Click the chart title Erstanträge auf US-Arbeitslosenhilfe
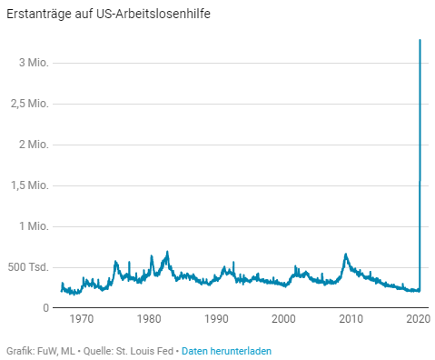[108, 14]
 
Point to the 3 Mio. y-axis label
[34, 63]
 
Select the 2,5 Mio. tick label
[30, 104]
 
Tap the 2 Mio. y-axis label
[34, 145]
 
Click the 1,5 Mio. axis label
[30, 185]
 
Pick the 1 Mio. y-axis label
[35, 226]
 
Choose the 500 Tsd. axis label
[28, 267]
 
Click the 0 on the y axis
[45, 308]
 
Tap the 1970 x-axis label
[82, 319]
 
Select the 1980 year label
[149, 319]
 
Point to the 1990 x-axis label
[216, 319]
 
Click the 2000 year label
[283, 319]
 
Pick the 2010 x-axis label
[351, 319]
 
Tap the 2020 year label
[418, 319]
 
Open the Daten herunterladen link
[226, 351]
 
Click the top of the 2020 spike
[420, 40]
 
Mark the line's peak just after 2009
[345, 254]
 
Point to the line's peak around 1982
[167, 252]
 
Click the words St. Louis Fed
[145, 351]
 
